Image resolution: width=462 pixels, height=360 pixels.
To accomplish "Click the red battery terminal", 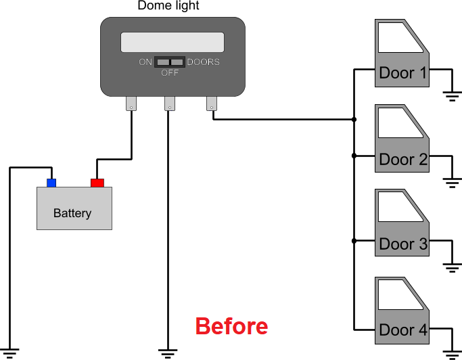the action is (97, 183).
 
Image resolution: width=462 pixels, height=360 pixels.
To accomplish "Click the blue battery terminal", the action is (51, 183).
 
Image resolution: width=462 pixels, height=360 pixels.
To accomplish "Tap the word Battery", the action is (72, 213).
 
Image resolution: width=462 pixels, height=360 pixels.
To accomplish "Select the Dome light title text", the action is (168, 5).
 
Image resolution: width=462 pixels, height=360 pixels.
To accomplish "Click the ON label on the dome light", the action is (145, 62).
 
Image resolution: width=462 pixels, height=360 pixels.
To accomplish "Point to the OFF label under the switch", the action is (170, 72).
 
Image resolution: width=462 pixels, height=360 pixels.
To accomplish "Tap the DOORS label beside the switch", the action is (204, 62).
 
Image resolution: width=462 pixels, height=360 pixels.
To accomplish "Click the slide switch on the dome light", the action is (170, 62).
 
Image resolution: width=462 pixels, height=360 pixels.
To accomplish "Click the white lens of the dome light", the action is (172, 42).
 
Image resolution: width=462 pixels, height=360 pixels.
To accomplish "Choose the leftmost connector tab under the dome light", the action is (131, 104).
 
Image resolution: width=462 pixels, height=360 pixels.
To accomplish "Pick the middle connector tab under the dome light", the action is (170, 104).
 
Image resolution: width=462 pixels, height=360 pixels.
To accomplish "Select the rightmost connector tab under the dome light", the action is (212, 104).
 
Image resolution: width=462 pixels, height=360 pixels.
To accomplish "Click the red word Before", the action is (231, 326).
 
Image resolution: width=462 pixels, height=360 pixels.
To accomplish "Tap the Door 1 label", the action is (402, 73).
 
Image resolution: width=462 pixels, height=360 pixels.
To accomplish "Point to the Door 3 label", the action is (403, 244).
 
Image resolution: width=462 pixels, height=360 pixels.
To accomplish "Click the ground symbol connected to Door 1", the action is (453, 96).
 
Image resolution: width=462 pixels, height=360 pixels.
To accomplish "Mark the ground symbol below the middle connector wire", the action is (168, 354).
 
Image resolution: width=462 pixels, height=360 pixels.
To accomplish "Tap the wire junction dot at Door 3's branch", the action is (354, 241).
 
